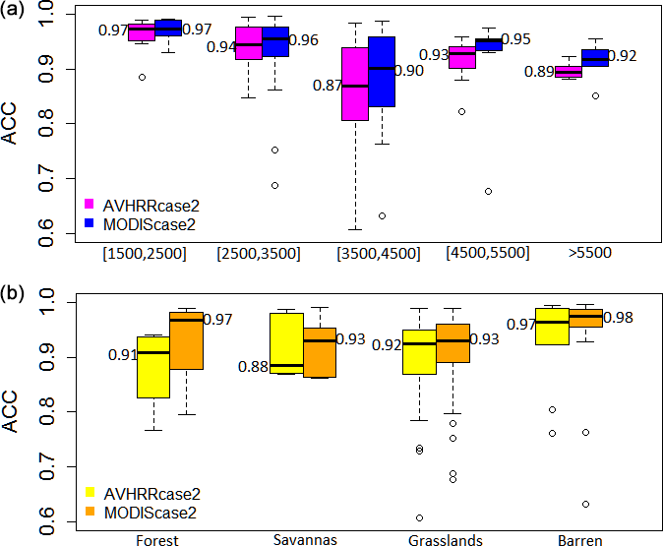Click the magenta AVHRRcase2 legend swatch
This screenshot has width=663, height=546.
(89, 204)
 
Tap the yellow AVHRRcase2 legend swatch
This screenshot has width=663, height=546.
(89, 491)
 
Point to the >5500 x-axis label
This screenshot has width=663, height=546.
(590, 253)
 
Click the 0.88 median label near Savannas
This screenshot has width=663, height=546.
(254, 367)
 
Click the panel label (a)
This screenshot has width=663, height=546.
(14, 12)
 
